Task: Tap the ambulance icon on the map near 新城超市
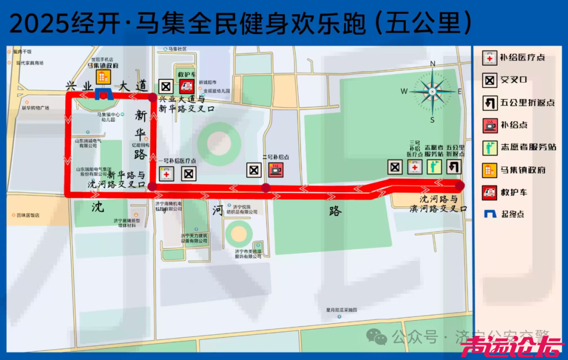(x=187, y=87)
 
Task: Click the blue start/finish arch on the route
(x=103, y=95)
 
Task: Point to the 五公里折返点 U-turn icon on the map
(x=454, y=167)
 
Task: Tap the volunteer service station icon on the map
(x=434, y=167)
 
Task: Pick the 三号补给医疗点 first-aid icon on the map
(x=414, y=167)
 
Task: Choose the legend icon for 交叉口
(x=490, y=80)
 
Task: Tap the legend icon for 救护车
(x=490, y=192)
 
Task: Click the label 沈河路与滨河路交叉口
(x=438, y=204)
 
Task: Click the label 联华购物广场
(x=35, y=108)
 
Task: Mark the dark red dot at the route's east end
(x=460, y=185)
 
